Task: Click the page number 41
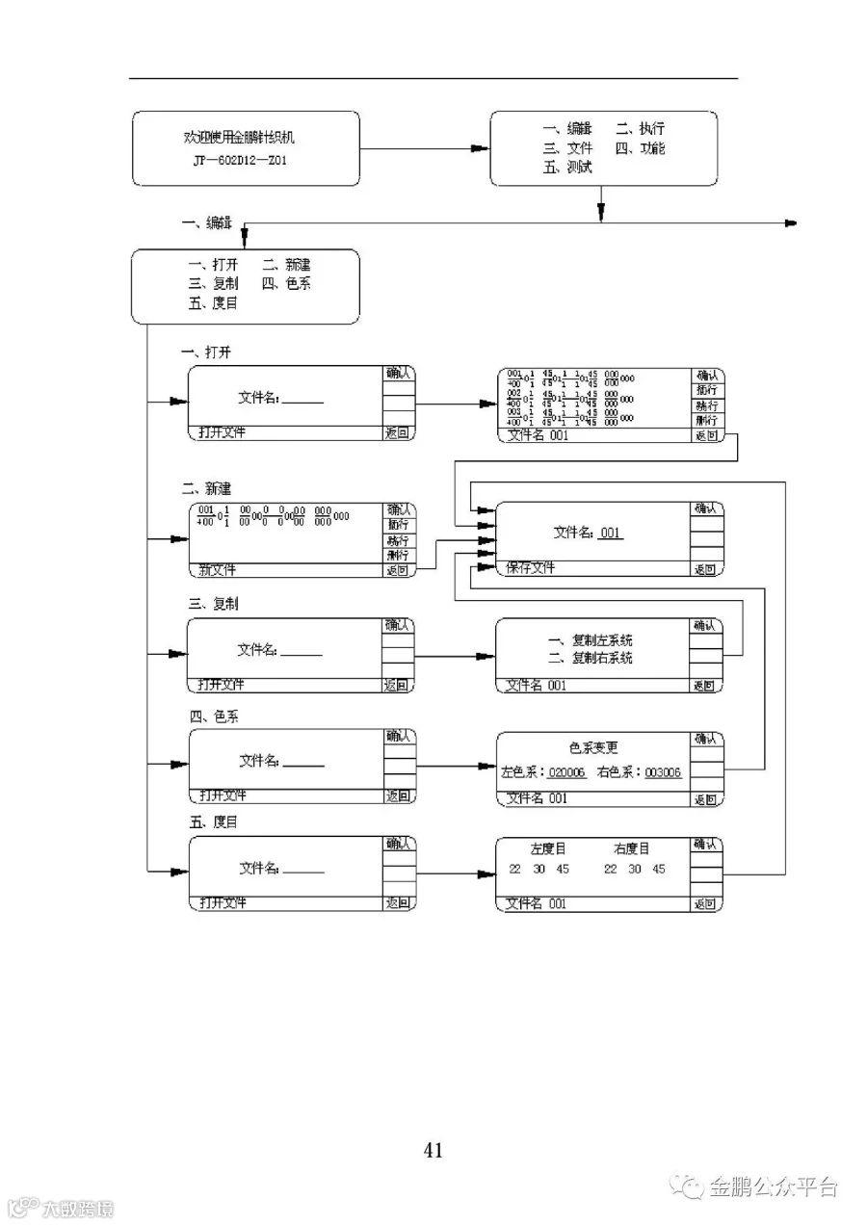point(433,1149)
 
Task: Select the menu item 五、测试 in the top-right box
point(567,167)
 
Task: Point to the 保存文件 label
point(531,568)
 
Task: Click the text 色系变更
point(593,747)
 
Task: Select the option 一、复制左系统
point(590,640)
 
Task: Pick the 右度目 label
point(632,848)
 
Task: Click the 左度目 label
point(548,848)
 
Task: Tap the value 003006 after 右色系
point(663,772)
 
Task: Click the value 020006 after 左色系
point(566,772)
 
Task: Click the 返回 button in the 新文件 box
point(398,570)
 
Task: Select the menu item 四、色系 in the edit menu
point(286,284)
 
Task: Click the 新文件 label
point(217,570)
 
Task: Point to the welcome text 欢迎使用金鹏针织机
point(246,138)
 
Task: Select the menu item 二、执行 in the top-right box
point(640,128)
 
